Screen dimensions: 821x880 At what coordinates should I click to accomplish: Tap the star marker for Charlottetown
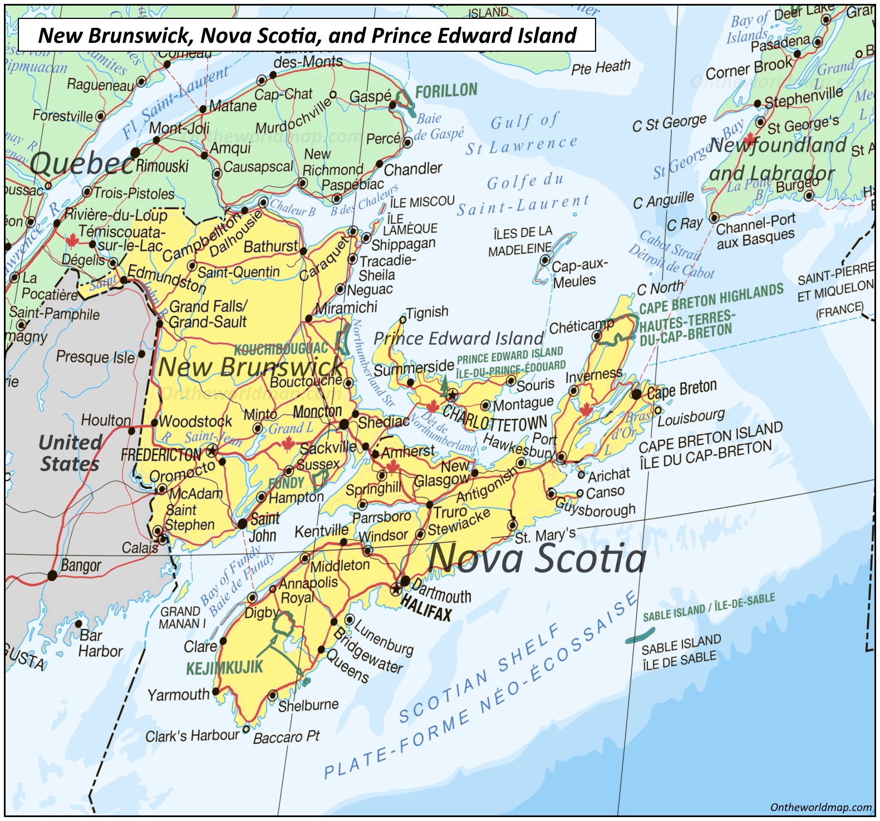click(x=452, y=395)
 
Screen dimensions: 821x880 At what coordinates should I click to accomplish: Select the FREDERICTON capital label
click(x=161, y=454)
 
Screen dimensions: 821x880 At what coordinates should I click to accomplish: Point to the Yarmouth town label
click(x=178, y=695)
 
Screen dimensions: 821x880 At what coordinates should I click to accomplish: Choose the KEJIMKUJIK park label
click(x=224, y=667)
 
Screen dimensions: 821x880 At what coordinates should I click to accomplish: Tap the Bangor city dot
click(x=52, y=576)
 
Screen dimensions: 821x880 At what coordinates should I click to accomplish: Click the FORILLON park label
click(x=446, y=91)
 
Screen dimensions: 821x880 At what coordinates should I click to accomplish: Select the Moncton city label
click(x=317, y=411)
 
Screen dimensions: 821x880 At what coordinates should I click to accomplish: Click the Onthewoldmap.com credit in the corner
click(x=821, y=807)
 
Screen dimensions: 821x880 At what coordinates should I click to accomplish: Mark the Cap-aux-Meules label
click(x=579, y=273)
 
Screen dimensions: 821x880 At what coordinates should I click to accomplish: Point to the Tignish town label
click(x=427, y=312)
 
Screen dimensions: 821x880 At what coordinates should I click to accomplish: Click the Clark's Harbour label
click(x=192, y=736)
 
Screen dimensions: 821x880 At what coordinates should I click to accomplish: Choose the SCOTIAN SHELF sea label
click(x=479, y=673)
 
